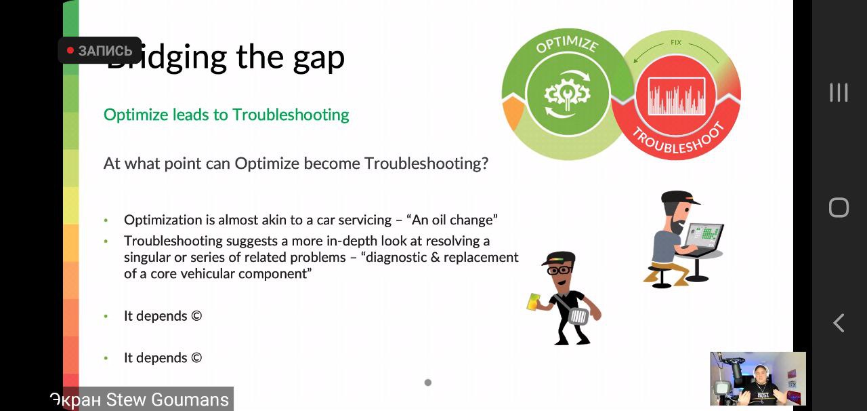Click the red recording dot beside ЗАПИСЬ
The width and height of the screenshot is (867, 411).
[x=70, y=50]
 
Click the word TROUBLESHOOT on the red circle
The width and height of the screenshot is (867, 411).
[x=678, y=139]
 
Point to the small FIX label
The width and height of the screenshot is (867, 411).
[x=676, y=42]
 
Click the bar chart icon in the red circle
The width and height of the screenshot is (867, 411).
[x=677, y=96]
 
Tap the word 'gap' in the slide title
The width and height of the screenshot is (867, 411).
[x=318, y=59]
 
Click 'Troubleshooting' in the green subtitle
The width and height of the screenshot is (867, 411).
[x=291, y=115]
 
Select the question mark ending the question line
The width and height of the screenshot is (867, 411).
[x=484, y=163]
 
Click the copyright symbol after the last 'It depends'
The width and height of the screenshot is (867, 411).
[x=196, y=357]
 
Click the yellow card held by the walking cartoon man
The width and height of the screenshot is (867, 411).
[x=533, y=302]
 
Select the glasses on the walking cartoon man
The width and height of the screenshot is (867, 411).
[x=559, y=270]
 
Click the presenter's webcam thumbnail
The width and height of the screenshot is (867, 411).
[x=758, y=378]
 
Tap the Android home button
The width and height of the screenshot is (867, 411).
[x=839, y=208]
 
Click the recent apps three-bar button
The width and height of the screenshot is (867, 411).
[x=839, y=93]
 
